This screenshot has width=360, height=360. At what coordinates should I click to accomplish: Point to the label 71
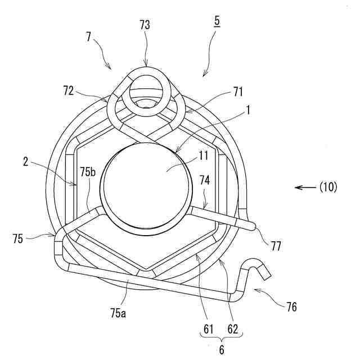[x=237, y=89]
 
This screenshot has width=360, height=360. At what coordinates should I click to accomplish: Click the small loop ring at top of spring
[x=146, y=90]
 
